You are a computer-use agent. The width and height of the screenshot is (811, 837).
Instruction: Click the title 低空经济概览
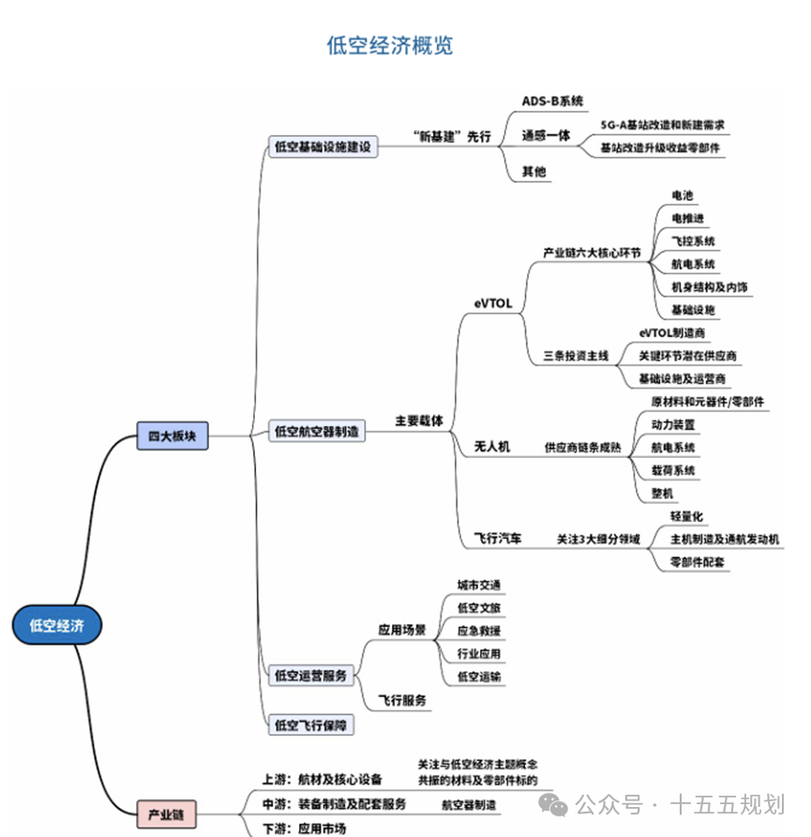point(390,45)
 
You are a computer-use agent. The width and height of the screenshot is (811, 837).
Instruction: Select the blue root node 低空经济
point(56,626)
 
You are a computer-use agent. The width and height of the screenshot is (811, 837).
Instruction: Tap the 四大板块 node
point(172,435)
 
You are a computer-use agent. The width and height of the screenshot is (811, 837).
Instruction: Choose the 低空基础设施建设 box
point(322,147)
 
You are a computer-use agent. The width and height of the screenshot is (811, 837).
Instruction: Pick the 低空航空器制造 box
point(316,432)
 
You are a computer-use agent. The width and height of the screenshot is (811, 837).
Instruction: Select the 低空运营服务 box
point(310,675)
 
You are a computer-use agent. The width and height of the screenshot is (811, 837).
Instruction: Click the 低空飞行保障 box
point(310,724)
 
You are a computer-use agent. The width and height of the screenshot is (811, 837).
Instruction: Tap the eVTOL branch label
point(493,303)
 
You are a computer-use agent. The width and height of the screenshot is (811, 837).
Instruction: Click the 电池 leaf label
point(683,196)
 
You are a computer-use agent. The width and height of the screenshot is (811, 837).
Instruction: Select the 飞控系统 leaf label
point(693,241)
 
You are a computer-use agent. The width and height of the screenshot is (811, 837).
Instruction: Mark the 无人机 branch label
point(492,447)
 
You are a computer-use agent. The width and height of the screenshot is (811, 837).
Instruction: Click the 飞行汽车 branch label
point(498,540)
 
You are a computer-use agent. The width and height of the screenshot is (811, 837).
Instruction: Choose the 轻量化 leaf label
point(687,516)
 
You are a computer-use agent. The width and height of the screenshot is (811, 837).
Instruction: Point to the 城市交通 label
point(479,586)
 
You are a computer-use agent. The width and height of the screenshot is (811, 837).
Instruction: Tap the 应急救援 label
point(479,631)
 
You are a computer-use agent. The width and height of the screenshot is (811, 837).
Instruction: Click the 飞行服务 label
point(402,700)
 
